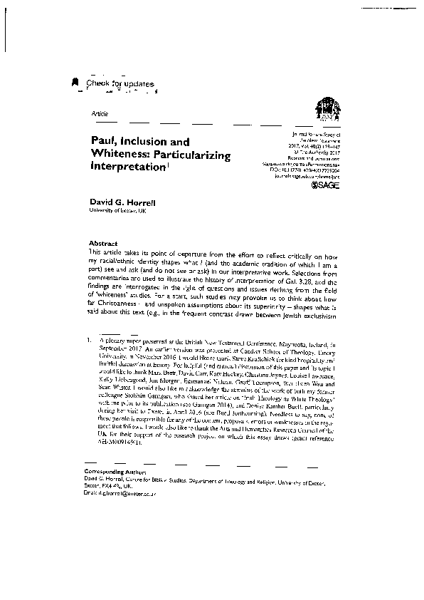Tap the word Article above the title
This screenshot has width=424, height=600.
coord(100,114)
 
